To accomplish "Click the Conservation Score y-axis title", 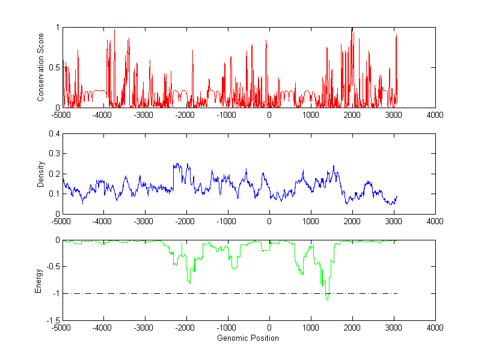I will (40, 67).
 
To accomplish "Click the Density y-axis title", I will (40, 174).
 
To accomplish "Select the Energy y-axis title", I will (38, 280).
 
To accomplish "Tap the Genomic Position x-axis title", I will (248, 338).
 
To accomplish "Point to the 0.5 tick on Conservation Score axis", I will (54, 67).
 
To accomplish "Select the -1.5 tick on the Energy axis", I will (52, 320).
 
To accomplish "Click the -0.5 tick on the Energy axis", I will (52, 267).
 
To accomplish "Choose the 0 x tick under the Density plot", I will (269, 221).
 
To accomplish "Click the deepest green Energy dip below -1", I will (327, 299).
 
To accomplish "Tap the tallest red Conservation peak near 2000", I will (352, 29).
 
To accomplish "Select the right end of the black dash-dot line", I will (397, 294).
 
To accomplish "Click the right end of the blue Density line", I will (397, 197).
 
